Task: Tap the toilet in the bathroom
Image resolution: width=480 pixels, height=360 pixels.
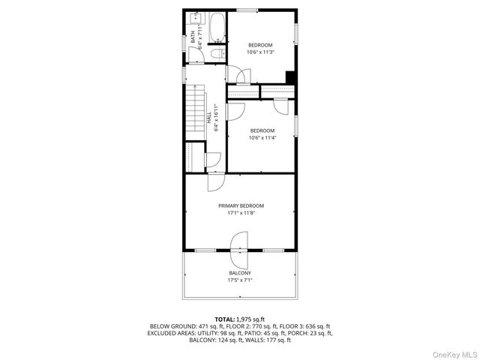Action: (216, 53)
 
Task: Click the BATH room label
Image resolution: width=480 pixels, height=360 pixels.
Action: (192, 35)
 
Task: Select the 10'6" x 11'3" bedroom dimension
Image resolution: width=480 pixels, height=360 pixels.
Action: (261, 52)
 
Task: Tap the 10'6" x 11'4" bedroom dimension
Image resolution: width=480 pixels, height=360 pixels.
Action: (261, 137)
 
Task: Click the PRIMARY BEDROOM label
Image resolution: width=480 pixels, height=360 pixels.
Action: (241, 205)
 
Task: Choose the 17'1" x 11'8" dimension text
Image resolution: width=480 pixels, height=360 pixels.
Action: (241, 213)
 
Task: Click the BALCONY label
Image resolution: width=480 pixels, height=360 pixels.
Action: (240, 273)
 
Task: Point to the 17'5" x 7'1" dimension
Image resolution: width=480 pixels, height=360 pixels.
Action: (240, 280)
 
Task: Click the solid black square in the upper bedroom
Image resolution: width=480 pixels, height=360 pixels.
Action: (290, 76)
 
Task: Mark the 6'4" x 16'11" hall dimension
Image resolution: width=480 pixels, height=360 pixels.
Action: (215, 118)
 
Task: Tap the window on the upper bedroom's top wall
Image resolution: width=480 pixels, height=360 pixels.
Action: (247, 10)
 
